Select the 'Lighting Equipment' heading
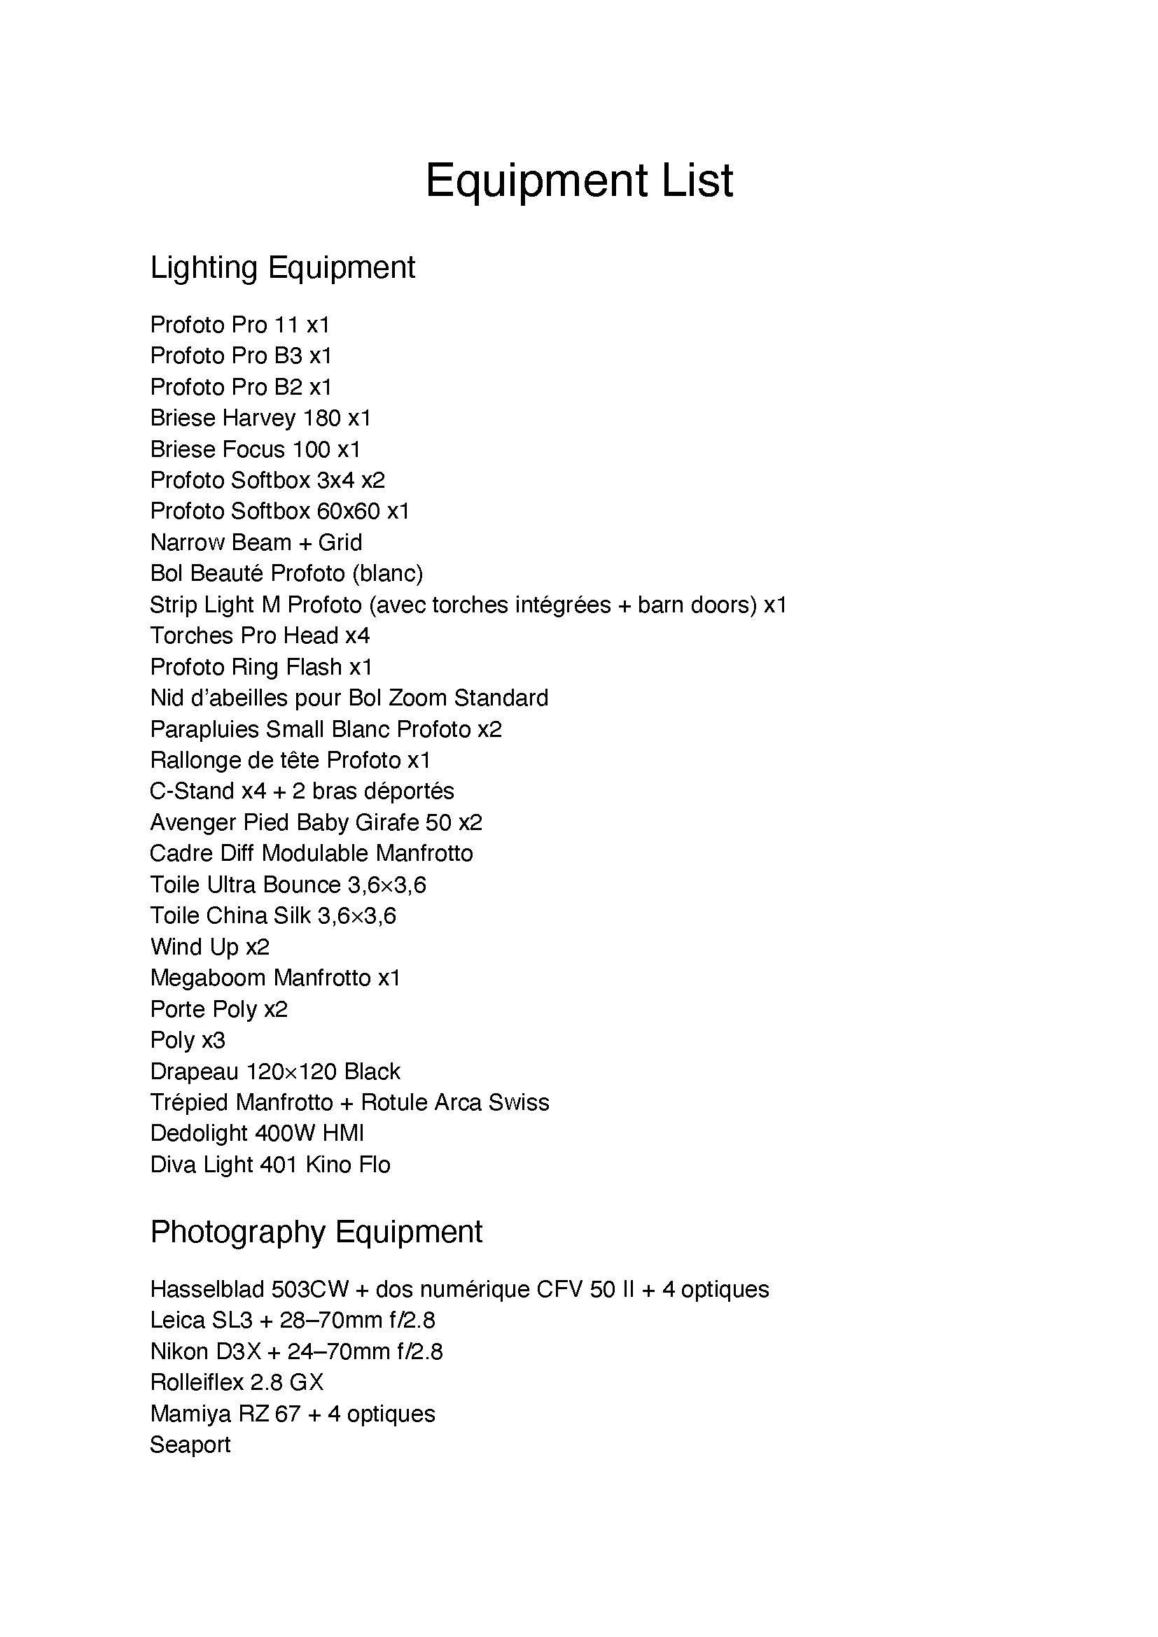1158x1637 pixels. point(282,268)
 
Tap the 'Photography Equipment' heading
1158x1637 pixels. point(316,1232)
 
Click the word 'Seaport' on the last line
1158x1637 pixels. point(190,1445)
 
